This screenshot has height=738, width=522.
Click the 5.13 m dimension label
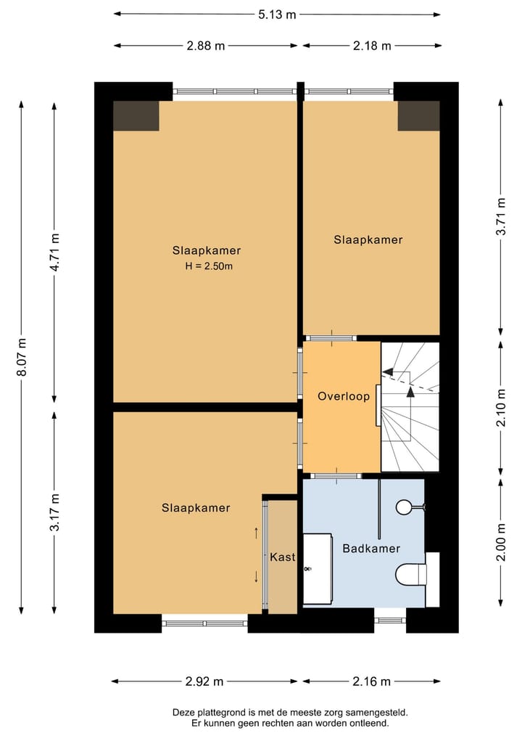click(277, 15)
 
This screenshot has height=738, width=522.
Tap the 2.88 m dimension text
click(206, 46)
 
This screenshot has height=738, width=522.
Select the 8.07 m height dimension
click(22, 357)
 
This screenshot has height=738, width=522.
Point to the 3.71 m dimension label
click(502, 216)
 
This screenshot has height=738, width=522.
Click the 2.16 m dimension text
click(371, 681)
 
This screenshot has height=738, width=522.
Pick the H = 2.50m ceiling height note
click(209, 266)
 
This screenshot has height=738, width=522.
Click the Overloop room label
click(344, 396)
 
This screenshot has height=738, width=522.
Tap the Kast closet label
click(283, 557)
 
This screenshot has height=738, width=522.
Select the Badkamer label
click(371, 549)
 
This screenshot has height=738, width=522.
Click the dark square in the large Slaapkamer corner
click(136, 116)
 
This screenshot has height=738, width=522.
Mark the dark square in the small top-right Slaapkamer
click(418, 116)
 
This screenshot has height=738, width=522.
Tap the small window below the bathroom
click(390, 620)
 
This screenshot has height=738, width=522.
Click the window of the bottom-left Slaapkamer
click(205, 623)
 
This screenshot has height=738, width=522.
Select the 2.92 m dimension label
click(204, 681)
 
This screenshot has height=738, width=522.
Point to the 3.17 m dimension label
click(55, 512)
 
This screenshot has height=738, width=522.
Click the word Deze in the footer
click(183, 713)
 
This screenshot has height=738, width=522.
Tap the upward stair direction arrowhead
click(410, 392)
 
